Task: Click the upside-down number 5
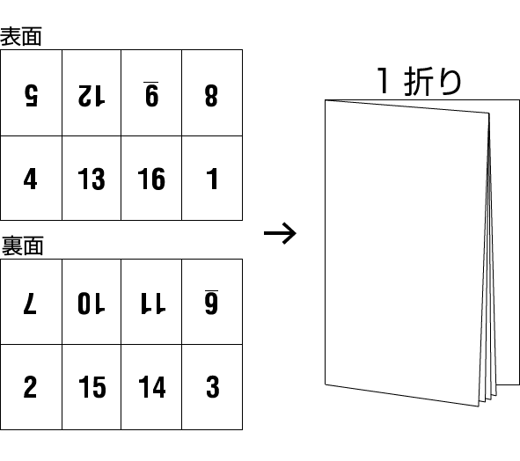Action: [32, 96]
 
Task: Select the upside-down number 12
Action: [92, 96]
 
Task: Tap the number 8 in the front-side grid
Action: [211, 96]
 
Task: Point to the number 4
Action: [31, 179]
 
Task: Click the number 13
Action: [92, 179]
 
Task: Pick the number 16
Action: [151, 179]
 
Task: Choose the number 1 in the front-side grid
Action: [212, 179]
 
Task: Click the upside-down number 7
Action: [30, 304]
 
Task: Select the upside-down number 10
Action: [92, 304]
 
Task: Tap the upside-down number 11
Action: [152, 304]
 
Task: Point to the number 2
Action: [30, 387]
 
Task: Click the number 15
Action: [92, 387]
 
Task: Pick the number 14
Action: [152, 387]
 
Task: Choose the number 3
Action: [213, 387]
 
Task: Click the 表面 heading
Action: [21, 36]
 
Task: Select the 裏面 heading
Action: [22, 245]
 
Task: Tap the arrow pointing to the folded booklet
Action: [280, 233]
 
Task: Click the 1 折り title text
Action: [420, 81]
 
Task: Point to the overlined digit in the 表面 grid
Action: [151, 94]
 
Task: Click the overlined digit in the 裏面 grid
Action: [211, 302]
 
